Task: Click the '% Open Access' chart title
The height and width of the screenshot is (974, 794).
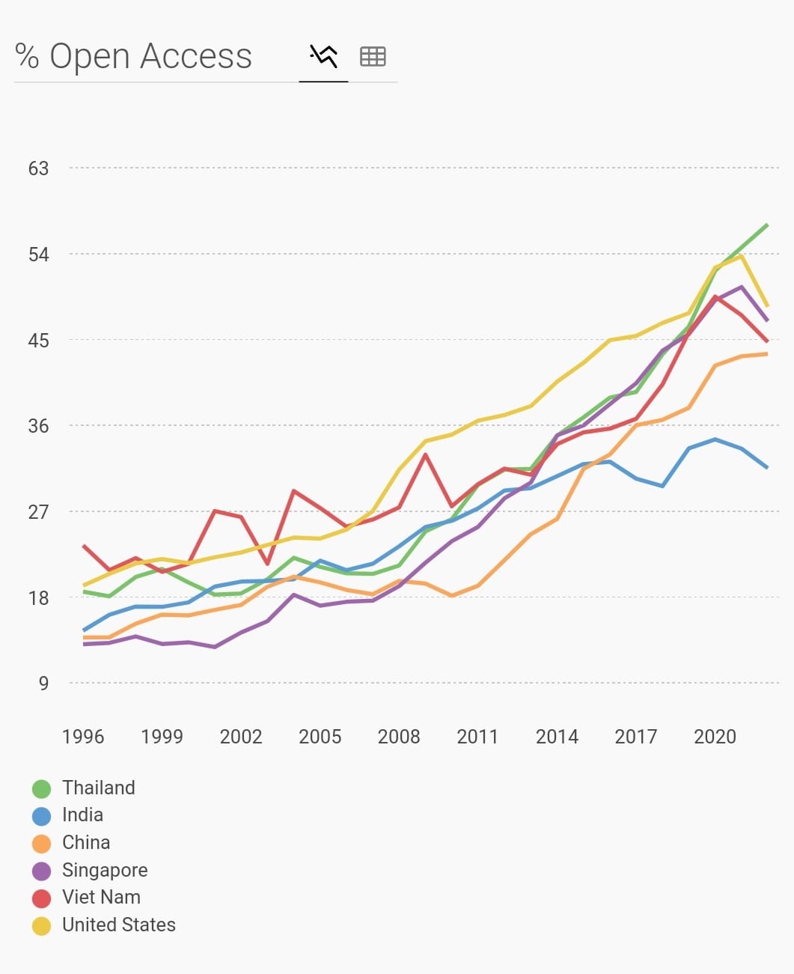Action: [x=133, y=56]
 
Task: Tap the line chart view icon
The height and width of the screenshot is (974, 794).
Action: [x=323, y=56]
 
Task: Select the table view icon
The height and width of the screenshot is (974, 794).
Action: [x=373, y=56]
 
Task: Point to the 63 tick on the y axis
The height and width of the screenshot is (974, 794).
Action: [x=38, y=168]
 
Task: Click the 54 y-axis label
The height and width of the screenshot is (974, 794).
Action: [x=38, y=255]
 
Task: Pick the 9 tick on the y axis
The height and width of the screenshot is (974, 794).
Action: [x=43, y=684]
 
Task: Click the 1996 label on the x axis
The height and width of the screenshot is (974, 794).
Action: [x=83, y=737]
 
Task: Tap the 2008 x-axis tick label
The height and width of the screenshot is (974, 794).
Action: [x=399, y=737]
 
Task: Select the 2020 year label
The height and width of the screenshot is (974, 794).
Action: [x=715, y=737]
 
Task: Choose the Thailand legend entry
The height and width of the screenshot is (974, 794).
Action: [x=98, y=788]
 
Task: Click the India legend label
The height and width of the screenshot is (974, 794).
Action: [x=82, y=815]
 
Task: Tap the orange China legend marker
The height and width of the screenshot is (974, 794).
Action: [x=42, y=844]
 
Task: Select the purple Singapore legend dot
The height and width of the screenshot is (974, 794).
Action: [x=42, y=871]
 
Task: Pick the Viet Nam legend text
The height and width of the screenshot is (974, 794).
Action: [x=101, y=897]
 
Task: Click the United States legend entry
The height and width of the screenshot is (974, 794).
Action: [x=118, y=925]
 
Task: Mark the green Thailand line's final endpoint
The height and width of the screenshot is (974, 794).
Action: [x=767, y=225]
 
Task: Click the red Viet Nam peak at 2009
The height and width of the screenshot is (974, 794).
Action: [x=425, y=454]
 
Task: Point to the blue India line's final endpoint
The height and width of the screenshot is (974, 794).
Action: [x=767, y=467]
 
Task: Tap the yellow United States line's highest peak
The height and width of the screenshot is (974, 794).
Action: [x=741, y=257]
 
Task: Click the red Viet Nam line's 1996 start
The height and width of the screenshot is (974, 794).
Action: [x=83, y=546]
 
